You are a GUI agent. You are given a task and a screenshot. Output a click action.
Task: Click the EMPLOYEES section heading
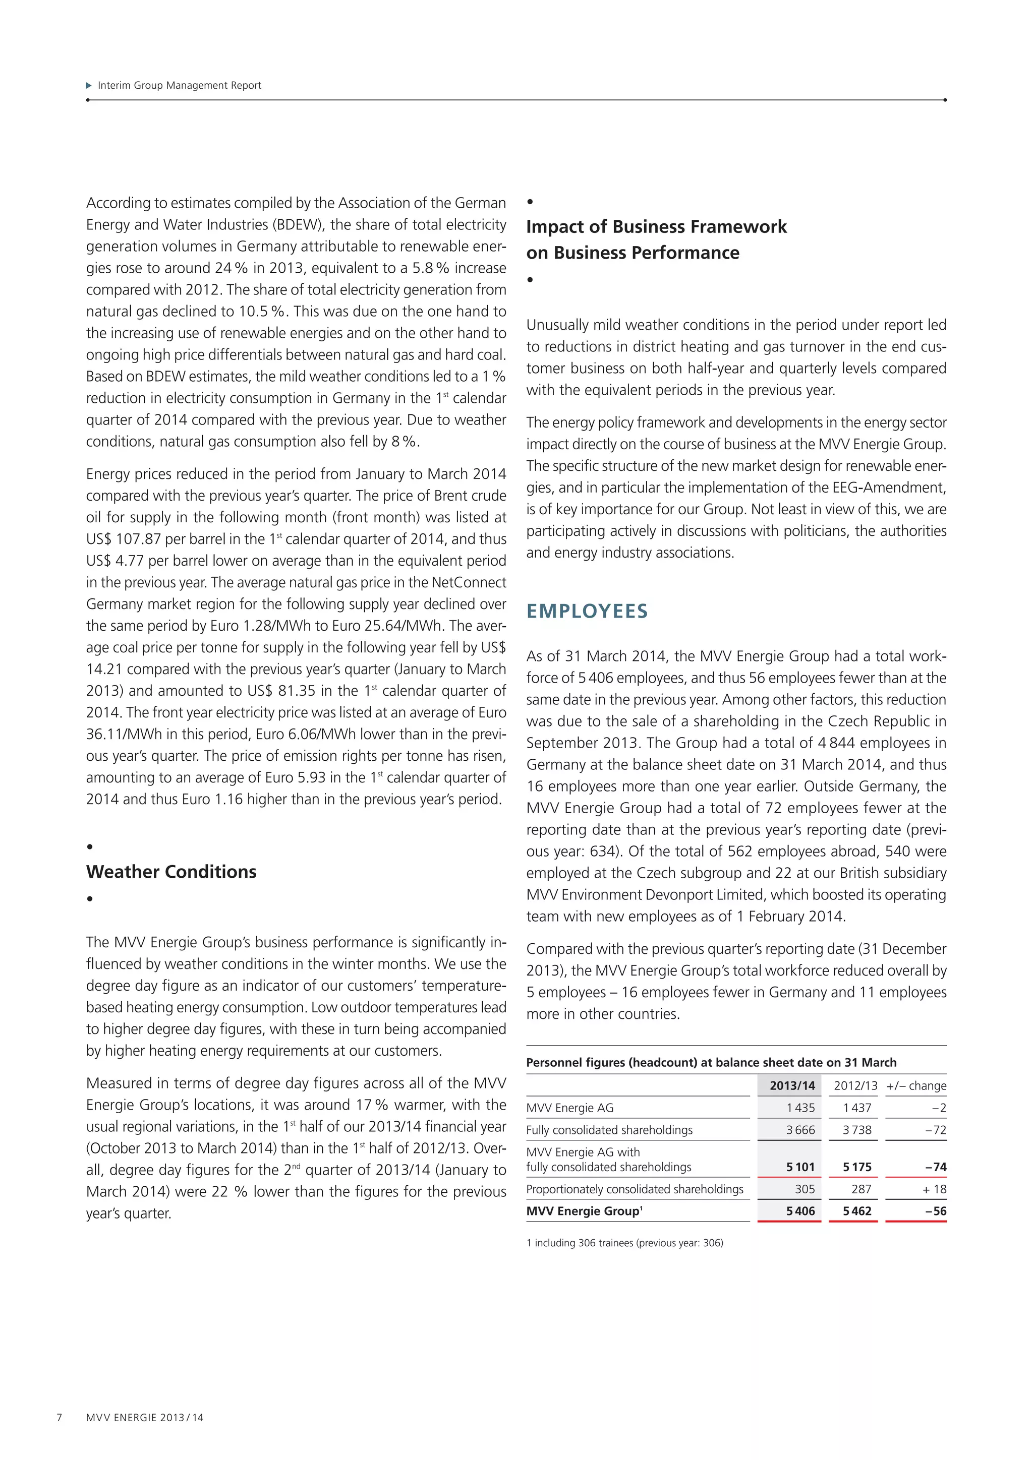pyautogui.click(x=587, y=611)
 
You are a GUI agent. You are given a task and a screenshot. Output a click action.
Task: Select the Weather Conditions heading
pyautogui.click(x=171, y=872)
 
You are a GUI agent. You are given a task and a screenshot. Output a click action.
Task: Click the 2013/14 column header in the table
pyautogui.click(x=791, y=1085)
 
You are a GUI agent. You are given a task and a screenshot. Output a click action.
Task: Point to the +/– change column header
pyautogui.click(x=915, y=1085)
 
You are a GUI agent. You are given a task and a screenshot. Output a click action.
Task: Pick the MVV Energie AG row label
pyautogui.click(x=569, y=1108)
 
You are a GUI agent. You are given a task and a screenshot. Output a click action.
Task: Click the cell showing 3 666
pyautogui.click(x=799, y=1130)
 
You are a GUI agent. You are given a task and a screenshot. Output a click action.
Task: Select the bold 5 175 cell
pyautogui.click(x=857, y=1167)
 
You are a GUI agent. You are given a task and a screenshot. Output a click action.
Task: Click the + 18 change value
pyautogui.click(x=934, y=1189)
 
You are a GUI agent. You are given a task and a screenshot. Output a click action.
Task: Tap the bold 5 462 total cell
pyautogui.click(x=857, y=1211)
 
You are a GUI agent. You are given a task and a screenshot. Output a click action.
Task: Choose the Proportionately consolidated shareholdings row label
pyautogui.click(x=634, y=1189)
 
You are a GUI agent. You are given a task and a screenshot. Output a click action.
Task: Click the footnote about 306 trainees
pyautogui.click(x=624, y=1243)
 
